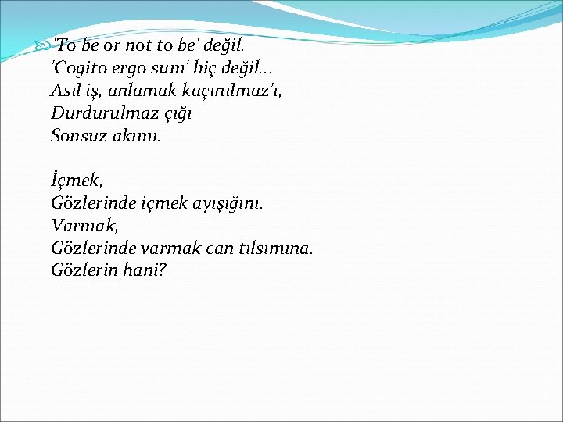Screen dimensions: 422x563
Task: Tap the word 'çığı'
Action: tap(175, 114)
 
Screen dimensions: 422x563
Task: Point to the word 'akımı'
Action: tap(143, 136)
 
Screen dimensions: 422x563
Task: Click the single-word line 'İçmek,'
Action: tap(77, 181)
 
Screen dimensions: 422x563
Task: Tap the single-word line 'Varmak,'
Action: tap(82, 226)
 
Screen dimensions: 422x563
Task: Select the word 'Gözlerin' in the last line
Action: tap(84, 271)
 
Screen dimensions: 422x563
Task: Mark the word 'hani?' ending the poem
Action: tap(146, 271)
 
